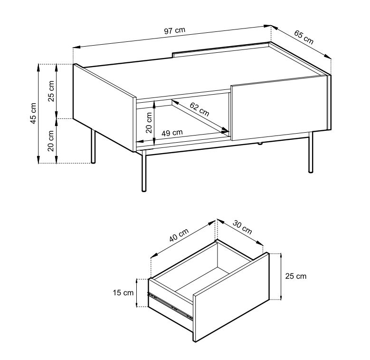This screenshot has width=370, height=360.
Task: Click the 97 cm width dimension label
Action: pos(175,30)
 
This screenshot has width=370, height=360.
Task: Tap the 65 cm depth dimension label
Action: pos(304,37)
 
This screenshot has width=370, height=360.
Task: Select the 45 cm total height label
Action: pos(33,113)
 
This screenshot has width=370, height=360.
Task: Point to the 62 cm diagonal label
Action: pos(199,109)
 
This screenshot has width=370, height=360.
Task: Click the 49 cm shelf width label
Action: pos(172,133)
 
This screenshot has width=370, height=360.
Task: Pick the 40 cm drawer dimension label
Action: pos(179,235)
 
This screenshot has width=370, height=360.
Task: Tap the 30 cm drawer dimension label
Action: pos(242,227)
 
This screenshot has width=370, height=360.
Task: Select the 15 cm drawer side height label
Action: pos(123,292)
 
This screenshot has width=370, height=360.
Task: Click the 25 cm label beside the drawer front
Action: pos(296,276)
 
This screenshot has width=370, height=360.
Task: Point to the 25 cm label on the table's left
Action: pos(51,91)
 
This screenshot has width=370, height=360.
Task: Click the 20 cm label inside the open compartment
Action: pos(149,123)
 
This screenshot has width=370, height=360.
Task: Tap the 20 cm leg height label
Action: pos(51,141)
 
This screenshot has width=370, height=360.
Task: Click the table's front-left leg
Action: pos(144,171)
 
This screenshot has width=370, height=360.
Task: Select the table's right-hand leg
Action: pos(311,152)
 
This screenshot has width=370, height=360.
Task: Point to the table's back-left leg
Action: pos(93,146)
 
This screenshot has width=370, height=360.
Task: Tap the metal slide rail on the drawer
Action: pos(171,306)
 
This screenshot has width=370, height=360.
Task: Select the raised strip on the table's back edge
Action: pos(221,49)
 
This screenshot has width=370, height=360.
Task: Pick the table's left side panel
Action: pos(104,107)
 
